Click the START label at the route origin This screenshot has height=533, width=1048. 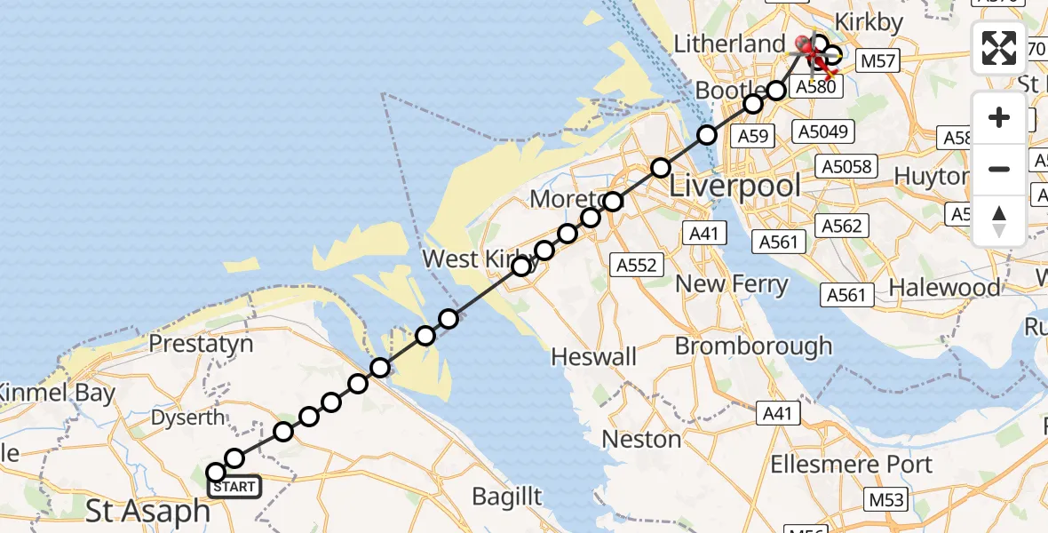(234, 487)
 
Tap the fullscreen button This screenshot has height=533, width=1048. (999, 48)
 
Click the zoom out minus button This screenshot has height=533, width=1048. (999, 169)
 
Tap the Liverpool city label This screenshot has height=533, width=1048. (734, 187)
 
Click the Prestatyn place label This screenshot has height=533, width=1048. (201, 344)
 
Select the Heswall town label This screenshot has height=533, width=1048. (593, 357)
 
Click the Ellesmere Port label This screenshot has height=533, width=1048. (851, 465)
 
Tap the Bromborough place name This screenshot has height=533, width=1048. (754, 346)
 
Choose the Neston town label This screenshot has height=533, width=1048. (641, 439)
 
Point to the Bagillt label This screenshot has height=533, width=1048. (506, 497)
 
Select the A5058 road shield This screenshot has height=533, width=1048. (848, 167)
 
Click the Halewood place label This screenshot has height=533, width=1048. (944, 288)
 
